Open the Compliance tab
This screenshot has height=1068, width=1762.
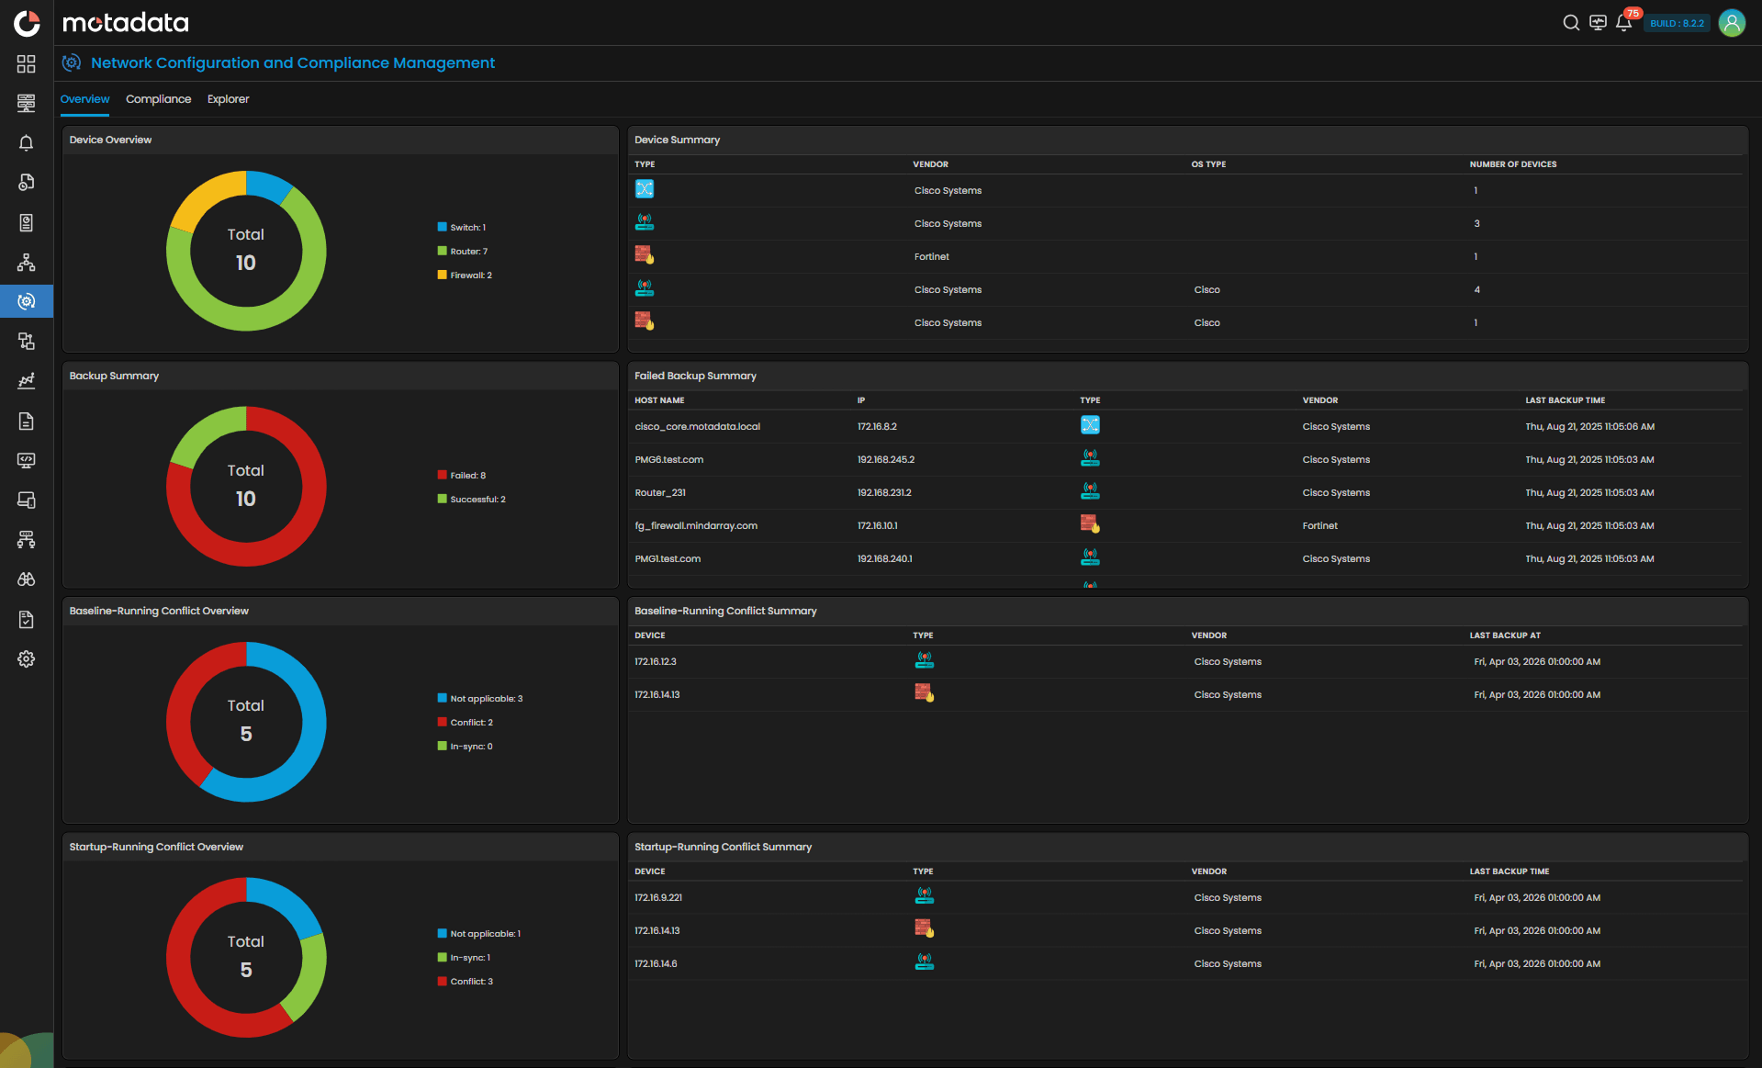158,99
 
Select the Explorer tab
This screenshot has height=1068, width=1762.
228,99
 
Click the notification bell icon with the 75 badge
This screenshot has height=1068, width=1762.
1623,23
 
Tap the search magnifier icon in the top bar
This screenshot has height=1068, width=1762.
1571,23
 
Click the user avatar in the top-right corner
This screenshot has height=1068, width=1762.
1732,23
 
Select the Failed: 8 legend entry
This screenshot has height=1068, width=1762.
467,476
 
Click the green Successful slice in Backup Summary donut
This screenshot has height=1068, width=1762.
202,433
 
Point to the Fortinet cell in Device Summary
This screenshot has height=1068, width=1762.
931,257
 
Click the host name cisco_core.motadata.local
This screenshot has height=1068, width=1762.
697,427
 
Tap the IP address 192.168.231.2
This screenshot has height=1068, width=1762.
884,493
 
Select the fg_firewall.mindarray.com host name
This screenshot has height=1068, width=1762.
696,526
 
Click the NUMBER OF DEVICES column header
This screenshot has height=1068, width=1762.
1512,164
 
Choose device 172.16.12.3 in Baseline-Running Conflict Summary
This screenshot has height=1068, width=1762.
656,662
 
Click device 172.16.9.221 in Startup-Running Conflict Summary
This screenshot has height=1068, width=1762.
658,898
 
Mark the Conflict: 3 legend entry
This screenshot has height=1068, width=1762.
471,982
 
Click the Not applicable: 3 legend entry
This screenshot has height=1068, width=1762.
486,699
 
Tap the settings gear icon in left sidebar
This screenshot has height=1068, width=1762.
27,659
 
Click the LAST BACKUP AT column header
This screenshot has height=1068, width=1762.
1504,635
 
